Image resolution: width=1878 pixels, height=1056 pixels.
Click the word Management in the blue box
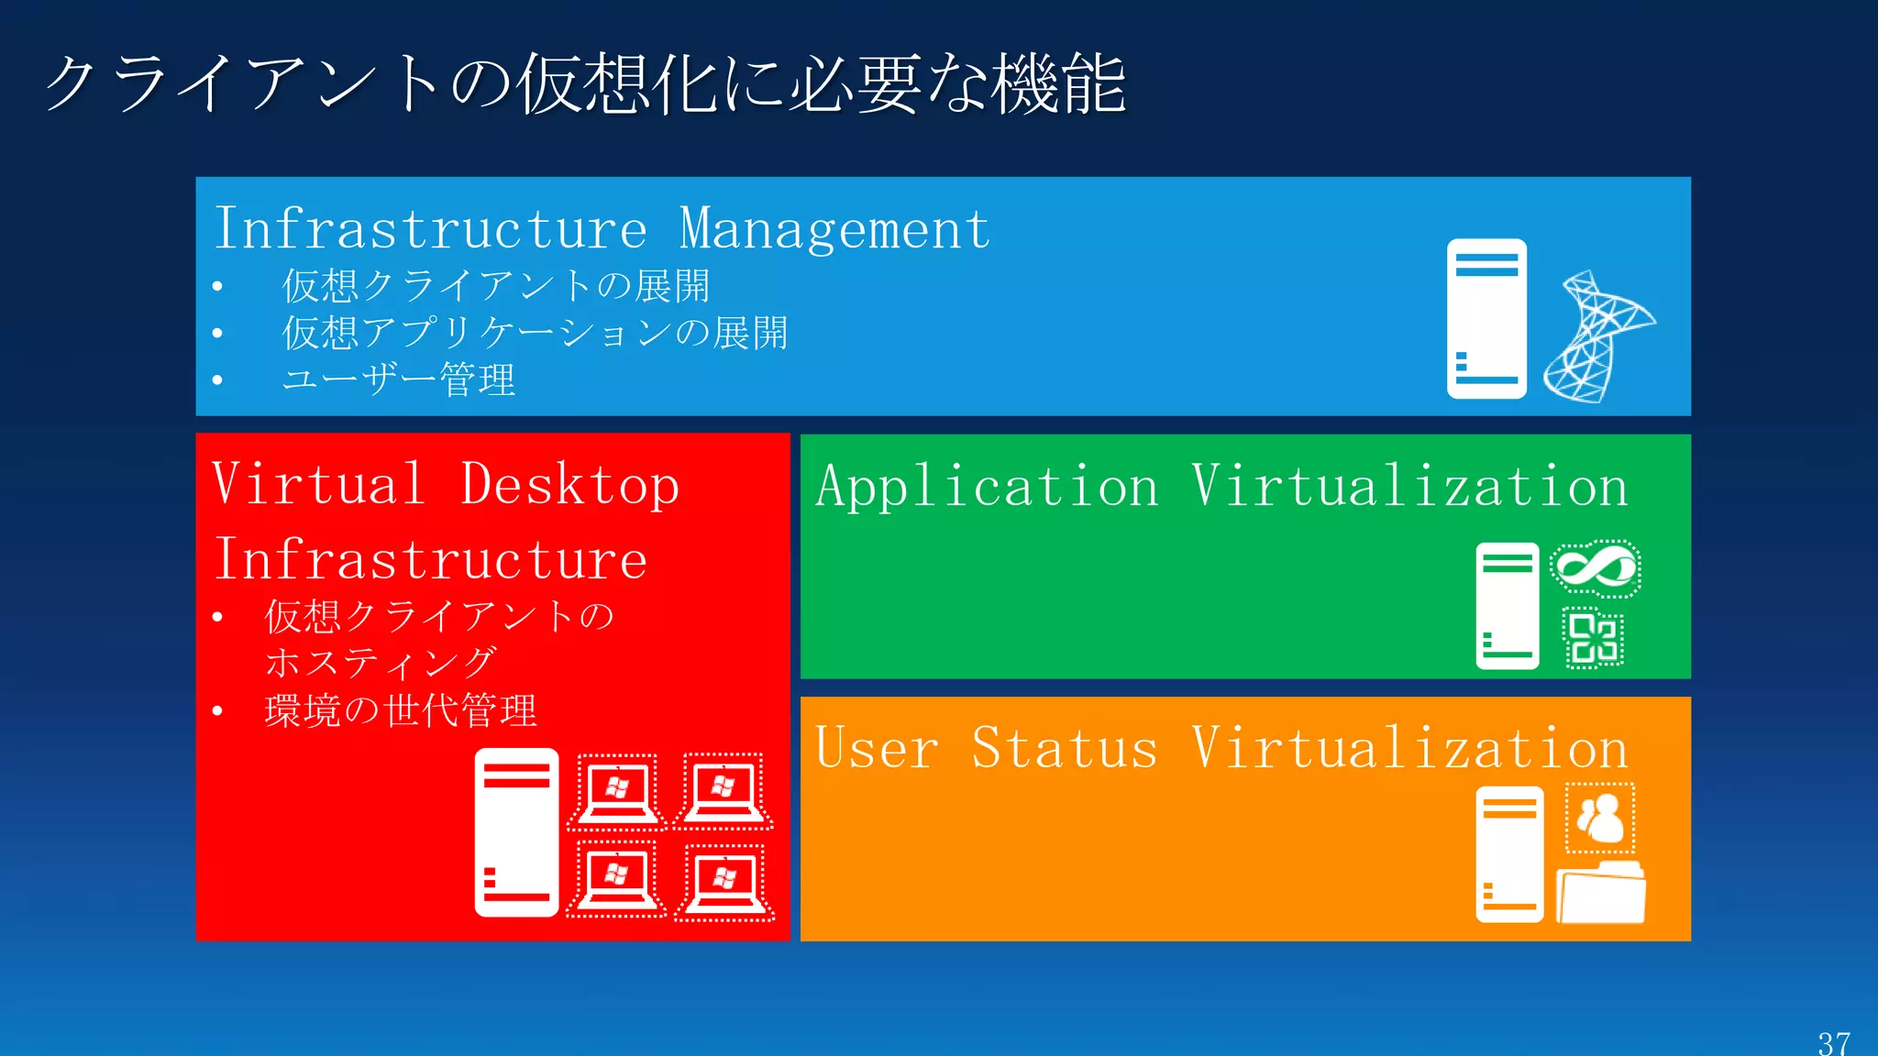coord(834,229)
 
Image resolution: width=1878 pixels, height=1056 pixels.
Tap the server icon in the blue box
coord(1486,318)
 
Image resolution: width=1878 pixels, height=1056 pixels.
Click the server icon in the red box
coord(516,832)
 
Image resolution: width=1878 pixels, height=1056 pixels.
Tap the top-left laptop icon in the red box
coord(616,791)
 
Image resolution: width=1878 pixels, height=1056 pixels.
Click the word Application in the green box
coord(988,486)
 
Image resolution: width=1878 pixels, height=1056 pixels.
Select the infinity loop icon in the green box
coord(1596,568)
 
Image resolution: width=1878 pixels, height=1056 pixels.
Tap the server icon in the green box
coord(1508,606)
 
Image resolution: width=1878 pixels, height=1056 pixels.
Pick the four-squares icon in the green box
coord(1594,638)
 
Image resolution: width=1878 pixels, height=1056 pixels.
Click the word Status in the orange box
coord(1065,748)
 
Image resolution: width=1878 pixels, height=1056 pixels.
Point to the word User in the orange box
coord(877,748)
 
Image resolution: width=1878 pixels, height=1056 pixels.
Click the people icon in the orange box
coord(1600,818)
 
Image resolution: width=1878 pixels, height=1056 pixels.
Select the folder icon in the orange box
coord(1601,893)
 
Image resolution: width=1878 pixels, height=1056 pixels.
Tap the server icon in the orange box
coord(1509,853)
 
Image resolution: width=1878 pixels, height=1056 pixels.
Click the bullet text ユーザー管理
coord(399,379)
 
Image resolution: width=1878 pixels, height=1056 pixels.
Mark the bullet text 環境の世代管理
coord(401,710)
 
